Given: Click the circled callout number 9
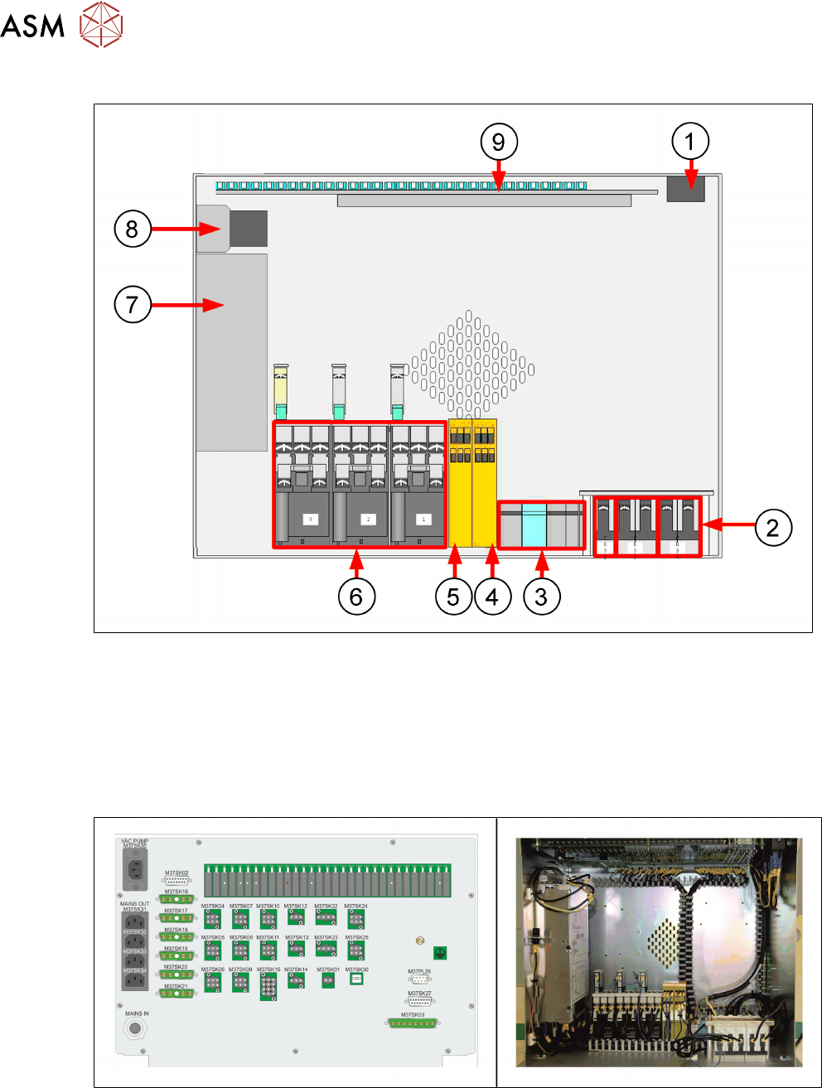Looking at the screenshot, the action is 499,142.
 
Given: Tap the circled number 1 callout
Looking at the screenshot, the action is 690,142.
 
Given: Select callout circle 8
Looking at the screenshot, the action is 133,229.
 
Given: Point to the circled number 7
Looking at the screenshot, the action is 133,304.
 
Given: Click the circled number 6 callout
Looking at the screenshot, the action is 356,596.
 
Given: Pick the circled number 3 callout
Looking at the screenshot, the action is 541,596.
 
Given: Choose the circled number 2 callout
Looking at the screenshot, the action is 772,527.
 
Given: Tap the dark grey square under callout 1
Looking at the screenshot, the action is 686,189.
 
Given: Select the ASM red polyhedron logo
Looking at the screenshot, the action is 101,24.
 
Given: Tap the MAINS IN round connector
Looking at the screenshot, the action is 135,1029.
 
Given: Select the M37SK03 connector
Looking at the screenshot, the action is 413,1023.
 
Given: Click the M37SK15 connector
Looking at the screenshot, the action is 268,987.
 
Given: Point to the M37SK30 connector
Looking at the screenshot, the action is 356,979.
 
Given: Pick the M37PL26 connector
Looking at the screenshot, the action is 420,979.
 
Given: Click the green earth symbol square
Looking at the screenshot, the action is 441,953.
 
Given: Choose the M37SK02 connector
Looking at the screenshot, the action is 176,881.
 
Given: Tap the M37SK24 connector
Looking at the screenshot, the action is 356,918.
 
